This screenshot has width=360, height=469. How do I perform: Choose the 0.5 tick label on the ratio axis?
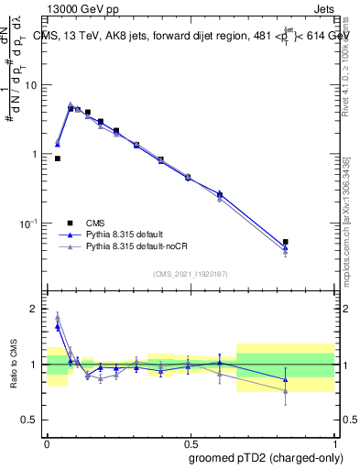click(x=31, y=420)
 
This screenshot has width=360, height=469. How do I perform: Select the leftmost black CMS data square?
click(x=58, y=158)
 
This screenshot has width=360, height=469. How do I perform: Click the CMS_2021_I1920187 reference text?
click(x=190, y=274)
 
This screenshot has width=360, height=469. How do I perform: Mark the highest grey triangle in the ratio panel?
click(x=58, y=318)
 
